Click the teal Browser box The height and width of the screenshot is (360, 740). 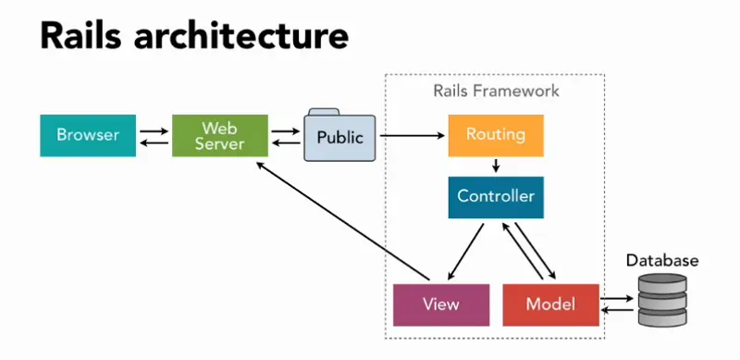(x=88, y=135)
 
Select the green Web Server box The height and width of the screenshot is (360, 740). (x=220, y=135)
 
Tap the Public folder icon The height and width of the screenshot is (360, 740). (x=339, y=138)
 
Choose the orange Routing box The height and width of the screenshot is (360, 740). (x=495, y=135)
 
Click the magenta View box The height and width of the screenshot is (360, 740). (x=440, y=304)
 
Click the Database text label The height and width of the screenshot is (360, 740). (x=661, y=261)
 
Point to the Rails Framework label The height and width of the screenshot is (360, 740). (x=496, y=93)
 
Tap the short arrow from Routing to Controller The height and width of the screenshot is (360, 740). (x=496, y=167)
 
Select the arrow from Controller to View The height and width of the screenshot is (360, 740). (x=466, y=251)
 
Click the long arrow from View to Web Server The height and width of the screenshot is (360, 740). (x=342, y=222)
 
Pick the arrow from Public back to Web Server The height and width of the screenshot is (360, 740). (x=286, y=143)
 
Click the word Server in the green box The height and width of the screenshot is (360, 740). (x=220, y=144)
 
